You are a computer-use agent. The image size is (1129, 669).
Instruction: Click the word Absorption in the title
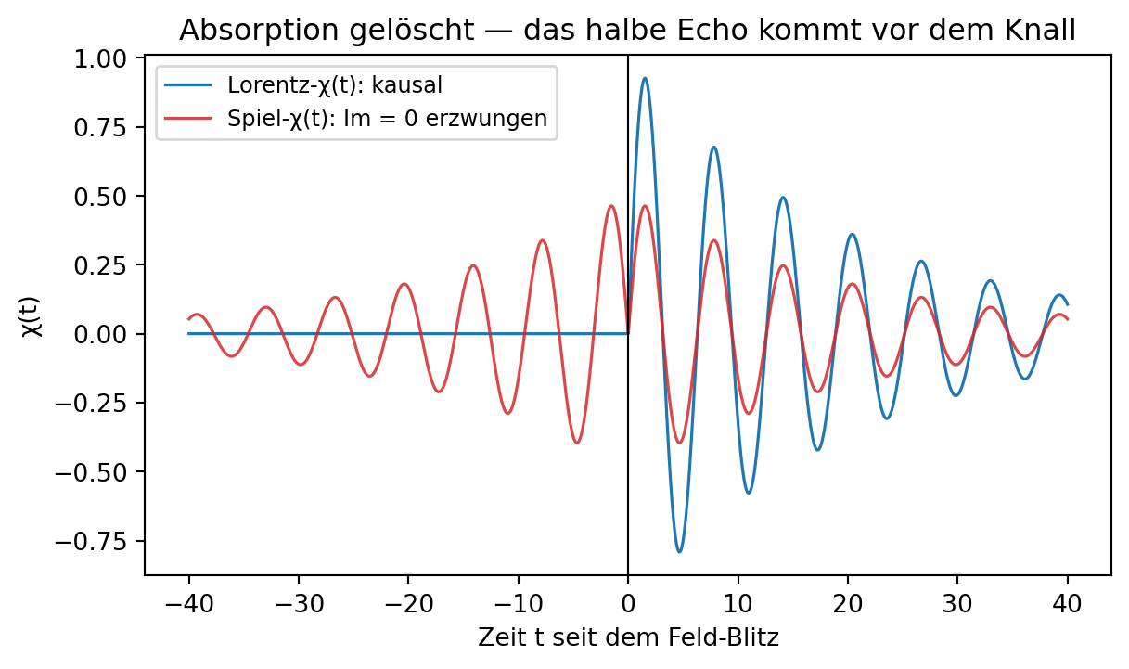[x=262, y=32]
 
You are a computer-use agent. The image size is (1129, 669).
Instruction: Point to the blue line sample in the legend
[x=188, y=84]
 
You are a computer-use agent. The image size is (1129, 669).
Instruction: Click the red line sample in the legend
[x=188, y=119]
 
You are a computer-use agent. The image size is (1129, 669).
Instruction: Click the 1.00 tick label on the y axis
[x=100, y=59]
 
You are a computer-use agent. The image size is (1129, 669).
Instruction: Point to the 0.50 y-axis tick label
[x=100, y=197]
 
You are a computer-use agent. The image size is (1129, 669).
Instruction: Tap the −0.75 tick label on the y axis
[x=91, y=542]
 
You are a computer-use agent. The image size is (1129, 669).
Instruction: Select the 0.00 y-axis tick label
[x=100, y=334]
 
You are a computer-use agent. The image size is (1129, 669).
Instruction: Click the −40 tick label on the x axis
[x=189, y=604]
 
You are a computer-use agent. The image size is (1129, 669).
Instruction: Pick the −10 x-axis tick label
[x=519, y=604]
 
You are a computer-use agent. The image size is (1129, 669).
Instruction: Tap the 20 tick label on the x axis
[x=848, y=604]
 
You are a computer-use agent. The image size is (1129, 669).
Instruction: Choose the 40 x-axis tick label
[x=1067, y=604]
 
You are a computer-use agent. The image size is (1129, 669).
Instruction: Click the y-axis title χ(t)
[x=32, y=317]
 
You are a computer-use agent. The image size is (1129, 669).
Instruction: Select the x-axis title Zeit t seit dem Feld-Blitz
[x=628, y=637]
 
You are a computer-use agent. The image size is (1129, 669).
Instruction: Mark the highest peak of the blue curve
[x=645, y=79]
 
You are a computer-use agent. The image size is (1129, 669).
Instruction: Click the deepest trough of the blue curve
[x=679, y=551]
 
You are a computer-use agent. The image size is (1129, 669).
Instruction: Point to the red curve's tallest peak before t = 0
[x=611, y=206]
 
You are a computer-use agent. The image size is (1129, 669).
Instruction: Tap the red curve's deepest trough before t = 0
[x=577, y=443]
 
